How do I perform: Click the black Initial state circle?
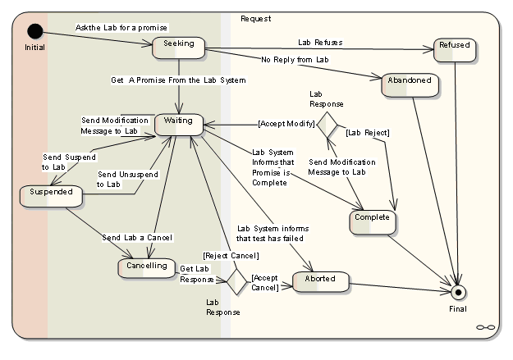click(34, 31)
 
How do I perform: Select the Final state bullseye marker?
click(459, 291)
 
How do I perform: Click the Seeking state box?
click(178, 46)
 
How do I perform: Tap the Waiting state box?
click(178, 123)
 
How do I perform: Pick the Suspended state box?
click(52, 195)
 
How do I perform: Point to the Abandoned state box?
click(406, 84)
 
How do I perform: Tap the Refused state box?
click(455, 48)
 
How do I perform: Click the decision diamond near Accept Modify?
click(327, 125)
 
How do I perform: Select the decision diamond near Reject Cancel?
click(237, 281)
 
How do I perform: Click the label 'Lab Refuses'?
click(320, 42)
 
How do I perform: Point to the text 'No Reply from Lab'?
click(295, 60)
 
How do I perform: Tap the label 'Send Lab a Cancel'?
click(137, 238)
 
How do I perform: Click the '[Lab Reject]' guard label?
click(367, 132)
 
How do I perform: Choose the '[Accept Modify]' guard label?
click(286, 124)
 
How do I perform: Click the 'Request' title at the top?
click(256, 18)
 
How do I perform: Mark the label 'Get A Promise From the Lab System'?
click(178, 80)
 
